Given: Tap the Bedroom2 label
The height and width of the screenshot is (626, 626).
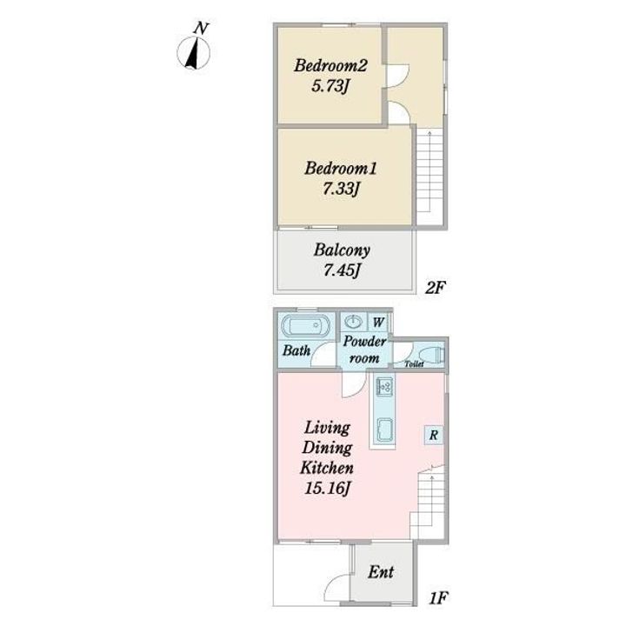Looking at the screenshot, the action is [330, 66].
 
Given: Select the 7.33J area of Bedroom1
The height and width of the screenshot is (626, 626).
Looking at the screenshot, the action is [340, 189].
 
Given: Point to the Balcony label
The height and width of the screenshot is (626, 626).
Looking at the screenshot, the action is [342, 250].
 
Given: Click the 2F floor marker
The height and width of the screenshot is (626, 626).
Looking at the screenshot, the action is [435, 288].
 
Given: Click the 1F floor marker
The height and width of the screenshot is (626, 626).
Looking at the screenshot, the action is [438, 598].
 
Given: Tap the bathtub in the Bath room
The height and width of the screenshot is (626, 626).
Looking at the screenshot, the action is [306, 328].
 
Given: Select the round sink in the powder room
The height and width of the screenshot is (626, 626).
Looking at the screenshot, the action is [353, 322].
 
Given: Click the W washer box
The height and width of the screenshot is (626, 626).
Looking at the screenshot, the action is [377, 322].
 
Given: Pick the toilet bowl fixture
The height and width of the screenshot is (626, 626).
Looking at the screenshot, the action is [431, 355].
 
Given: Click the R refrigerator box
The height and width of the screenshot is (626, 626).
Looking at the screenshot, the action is [434, 436].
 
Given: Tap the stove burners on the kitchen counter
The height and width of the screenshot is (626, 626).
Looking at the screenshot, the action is [384, 386].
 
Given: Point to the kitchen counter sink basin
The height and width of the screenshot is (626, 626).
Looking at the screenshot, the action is [384, 430].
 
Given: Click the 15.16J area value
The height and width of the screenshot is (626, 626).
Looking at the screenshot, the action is [328, 489].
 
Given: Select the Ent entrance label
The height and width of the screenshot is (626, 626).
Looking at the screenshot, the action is [381, 572].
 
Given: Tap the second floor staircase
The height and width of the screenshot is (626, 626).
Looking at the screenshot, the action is [430, 176].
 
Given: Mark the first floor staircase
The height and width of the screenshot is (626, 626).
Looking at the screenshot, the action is [428, 503].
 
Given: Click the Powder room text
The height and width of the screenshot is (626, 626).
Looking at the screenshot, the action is [364, 350].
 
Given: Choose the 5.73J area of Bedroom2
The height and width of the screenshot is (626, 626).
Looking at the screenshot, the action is [330, 86].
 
